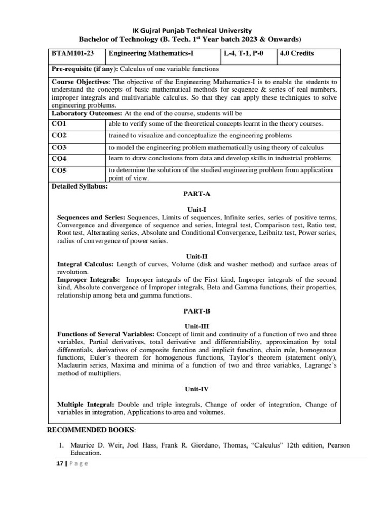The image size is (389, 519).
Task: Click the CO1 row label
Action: pos(60,123)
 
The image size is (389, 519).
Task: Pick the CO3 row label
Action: pos(60,147)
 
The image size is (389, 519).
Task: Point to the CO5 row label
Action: pos(60,170)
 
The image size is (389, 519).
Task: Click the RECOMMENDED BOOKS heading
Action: pos(91,430)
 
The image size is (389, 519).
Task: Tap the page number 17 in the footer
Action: pos(59,464)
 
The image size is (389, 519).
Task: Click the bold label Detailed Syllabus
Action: pos(80,186)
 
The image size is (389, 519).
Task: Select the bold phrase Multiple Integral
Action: pos(86,404)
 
